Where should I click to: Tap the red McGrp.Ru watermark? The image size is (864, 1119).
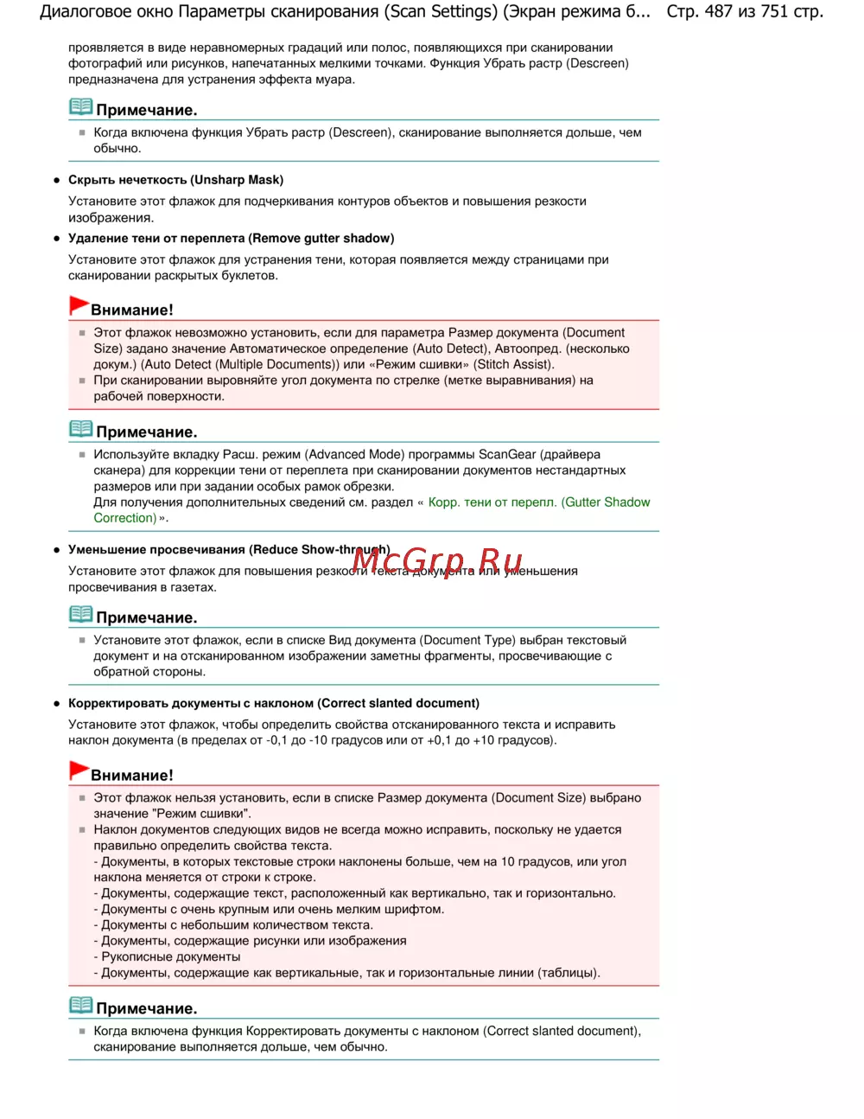(x=437, y=562)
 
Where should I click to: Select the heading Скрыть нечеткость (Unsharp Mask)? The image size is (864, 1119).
(x=175, y=180)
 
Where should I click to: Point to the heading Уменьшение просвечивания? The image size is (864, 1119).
(x=156, y=550)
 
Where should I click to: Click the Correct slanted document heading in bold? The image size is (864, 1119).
(x=398, y=704)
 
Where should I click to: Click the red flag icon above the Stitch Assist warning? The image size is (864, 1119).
(x=79, y=306)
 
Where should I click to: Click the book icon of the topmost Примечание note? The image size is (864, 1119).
(x=80, y=107)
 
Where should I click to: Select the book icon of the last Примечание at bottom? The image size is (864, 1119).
(x=80, y=1006)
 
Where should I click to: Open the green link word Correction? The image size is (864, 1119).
(x=124, y=518)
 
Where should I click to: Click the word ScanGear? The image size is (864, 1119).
(x=507, y=455)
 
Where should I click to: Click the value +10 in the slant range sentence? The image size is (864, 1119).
(x=484, y=741)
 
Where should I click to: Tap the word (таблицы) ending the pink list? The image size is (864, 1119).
(x=568, y=974)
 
